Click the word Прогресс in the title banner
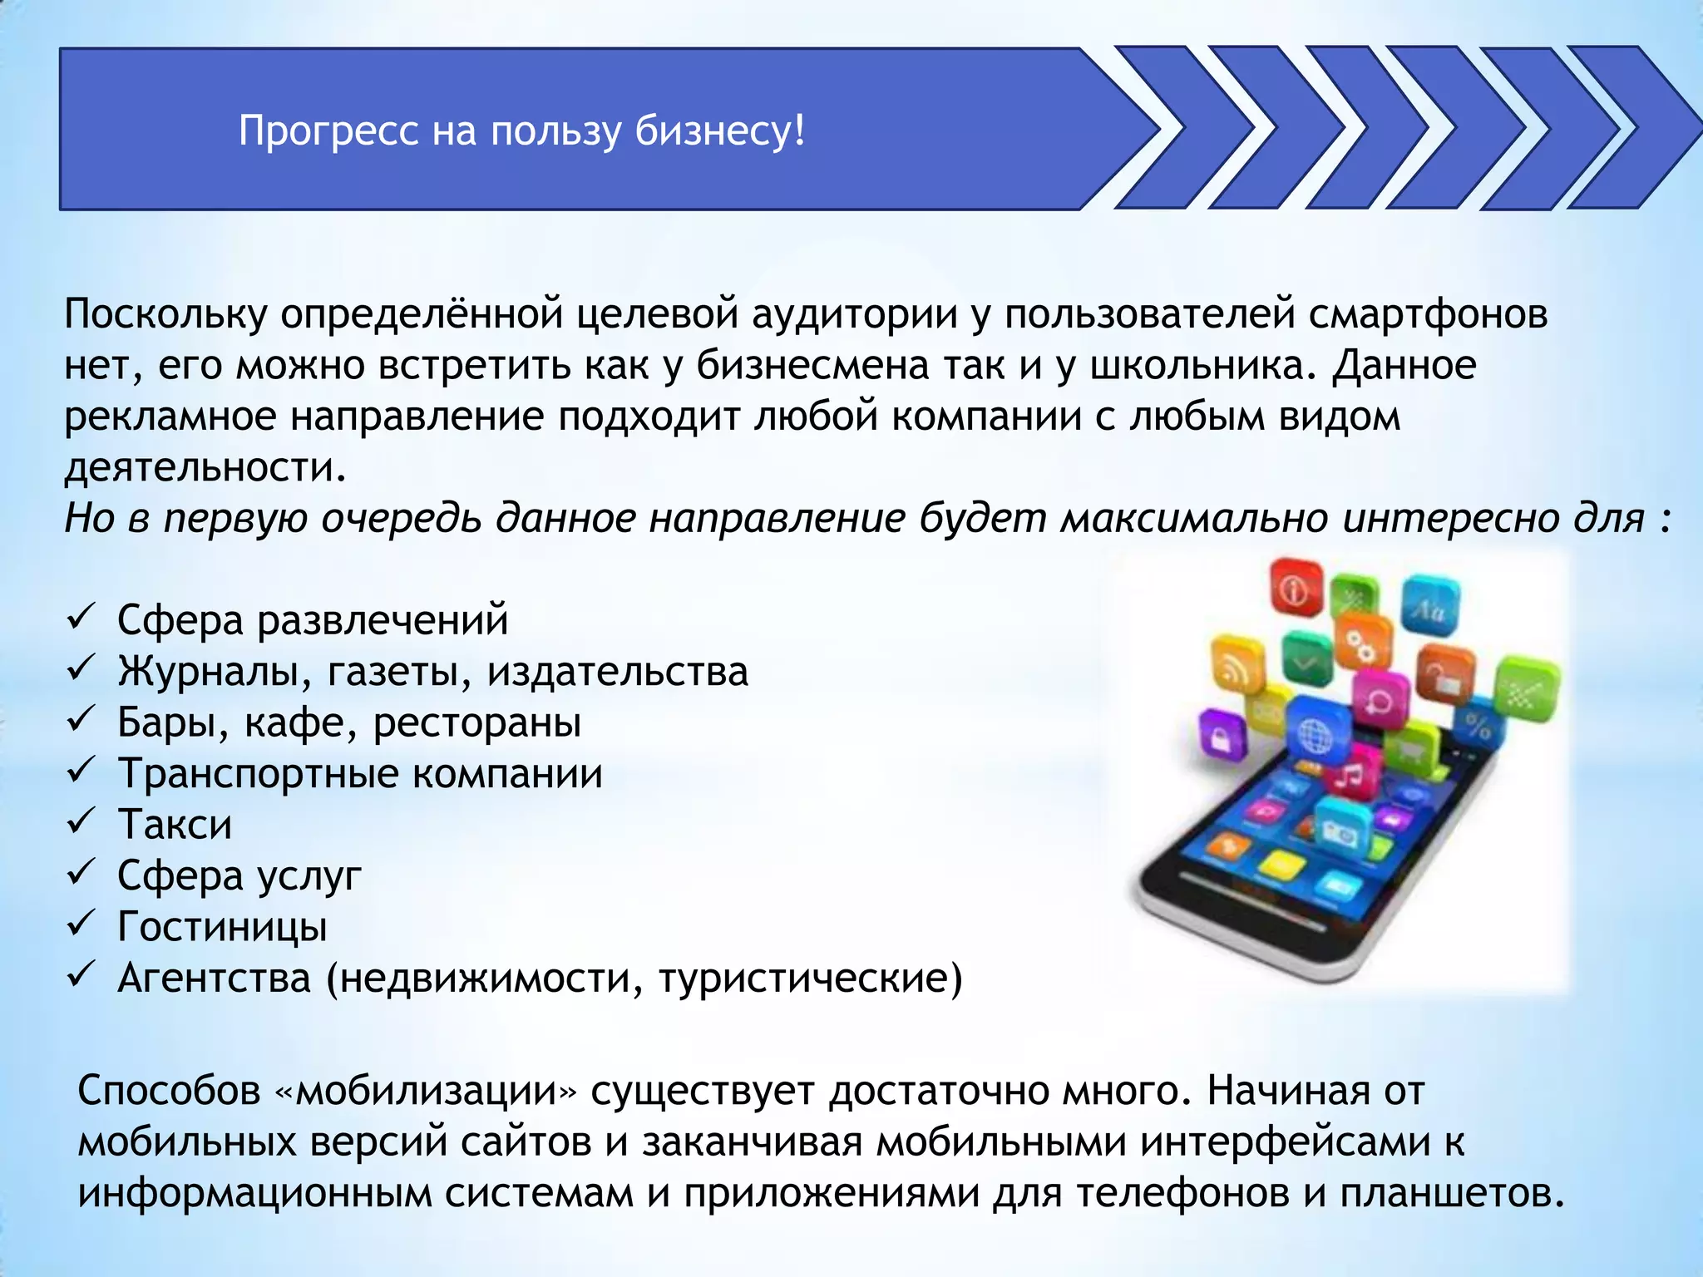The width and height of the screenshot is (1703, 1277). pyautogui.click(x=328, y=131)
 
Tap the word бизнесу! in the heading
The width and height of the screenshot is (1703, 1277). pyautogui.click(x=719, y=131)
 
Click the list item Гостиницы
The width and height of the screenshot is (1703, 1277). pyautogui.click(x=222, y=926)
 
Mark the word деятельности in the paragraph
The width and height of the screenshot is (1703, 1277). pyautogui.click(x=204, y=468)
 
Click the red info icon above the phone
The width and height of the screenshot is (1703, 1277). pyautogui.click(x=1296, y=589)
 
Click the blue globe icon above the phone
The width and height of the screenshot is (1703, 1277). pyautogui.click(x=1315, y=733)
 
